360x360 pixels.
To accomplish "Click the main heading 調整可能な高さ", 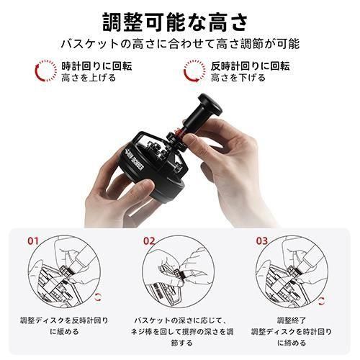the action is point(175,22).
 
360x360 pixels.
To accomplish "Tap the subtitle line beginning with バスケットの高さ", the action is point(180,44).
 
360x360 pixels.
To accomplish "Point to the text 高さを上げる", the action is point(89,78).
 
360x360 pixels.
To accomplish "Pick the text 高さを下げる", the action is point(238,78).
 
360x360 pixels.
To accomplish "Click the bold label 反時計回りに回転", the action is point(251,66).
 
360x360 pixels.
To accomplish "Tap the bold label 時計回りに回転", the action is point(96,66).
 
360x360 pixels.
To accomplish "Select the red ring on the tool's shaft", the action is point(178,132).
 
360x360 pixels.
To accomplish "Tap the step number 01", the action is point(33,240).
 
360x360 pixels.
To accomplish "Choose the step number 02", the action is point(149,240).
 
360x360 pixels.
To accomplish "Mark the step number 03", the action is point(262,240).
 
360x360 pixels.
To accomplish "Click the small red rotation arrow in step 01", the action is point(97,297).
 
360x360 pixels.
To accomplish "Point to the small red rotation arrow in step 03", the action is point(322,300).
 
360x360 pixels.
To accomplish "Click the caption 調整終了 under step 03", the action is point(292,320).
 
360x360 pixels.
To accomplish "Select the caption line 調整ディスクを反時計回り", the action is point(64,320).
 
